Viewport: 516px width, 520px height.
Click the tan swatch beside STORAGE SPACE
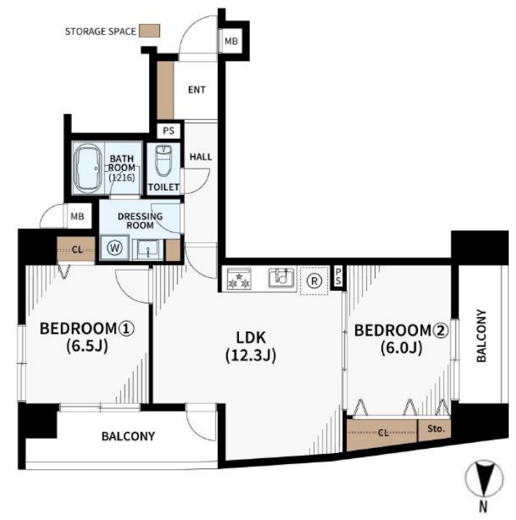point(150,31)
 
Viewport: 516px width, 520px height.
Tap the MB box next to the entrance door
point(231,41)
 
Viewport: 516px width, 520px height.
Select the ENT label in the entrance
point(196,89)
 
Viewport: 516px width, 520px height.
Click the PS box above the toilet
point(169,131)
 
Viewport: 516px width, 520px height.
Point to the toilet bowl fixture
point(164,160)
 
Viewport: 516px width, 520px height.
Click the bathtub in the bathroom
point(87,168)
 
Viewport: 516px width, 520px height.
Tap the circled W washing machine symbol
point(115,247)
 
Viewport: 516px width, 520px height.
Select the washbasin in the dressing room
point(148,249)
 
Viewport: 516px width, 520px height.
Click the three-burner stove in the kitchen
point(239,279)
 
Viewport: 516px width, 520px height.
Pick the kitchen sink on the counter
point(281,277)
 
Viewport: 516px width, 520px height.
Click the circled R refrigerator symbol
point(314,281)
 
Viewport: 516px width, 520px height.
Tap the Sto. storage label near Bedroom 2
point(435,429)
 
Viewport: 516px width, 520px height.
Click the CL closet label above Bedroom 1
point(77,249)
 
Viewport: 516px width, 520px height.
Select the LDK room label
point(251,337)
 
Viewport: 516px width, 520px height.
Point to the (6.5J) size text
point(87,346)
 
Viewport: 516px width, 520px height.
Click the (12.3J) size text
point(251,355)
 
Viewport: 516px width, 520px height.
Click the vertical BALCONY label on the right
point(481,335)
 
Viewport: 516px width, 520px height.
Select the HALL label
point(201,156)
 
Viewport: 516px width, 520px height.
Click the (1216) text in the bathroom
point(121,177)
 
